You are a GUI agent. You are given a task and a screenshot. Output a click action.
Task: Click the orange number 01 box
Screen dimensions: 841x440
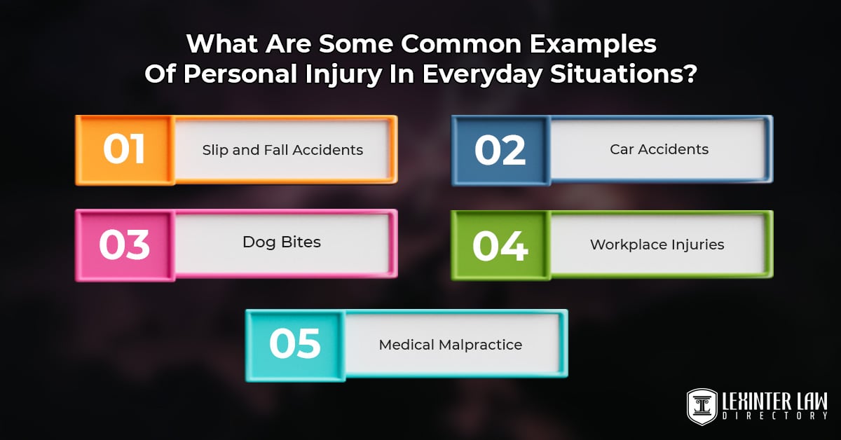tap(125, 150)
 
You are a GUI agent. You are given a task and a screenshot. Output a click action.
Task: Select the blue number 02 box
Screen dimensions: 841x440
tap(501, 151)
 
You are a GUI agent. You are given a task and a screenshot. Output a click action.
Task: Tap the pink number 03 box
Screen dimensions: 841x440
tap(125, 245)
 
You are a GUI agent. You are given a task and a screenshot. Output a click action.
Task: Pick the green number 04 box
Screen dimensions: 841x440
tap(501, 246)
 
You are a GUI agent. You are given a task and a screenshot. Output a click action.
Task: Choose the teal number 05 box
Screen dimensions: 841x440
tap(295, 346)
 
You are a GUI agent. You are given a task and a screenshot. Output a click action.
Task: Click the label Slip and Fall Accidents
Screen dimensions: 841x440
tap(282, 150)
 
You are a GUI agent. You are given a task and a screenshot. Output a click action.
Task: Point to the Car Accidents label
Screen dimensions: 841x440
tap(659, 149)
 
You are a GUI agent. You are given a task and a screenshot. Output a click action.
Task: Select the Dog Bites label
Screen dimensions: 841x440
tap(282, 242)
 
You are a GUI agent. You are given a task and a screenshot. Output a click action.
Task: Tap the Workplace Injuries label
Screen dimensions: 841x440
tap(657, 245)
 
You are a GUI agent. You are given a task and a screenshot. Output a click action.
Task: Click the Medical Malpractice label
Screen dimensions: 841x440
tap(451, 345)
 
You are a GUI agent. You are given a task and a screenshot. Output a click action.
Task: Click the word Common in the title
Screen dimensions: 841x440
tap(461, 44)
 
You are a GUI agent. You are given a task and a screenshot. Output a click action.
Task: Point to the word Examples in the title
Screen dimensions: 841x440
tap(593, 45)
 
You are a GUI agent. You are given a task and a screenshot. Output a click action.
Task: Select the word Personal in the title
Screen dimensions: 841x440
tap(240, 74)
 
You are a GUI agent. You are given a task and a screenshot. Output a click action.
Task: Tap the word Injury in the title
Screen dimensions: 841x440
tap(343, 75)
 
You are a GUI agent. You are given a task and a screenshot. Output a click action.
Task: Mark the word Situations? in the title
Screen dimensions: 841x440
tap(624, 74)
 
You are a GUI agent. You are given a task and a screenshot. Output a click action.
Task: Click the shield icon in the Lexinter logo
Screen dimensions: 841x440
tap(702, 407)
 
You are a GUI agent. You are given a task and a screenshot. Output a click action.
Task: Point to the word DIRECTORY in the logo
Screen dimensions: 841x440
tap(775, 416)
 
